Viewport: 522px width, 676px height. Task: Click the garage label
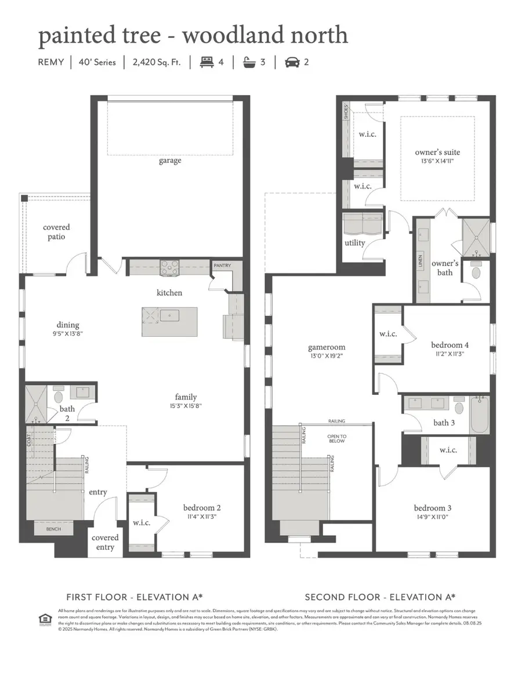(x=170, y=161)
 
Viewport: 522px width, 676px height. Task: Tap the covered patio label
(x=56, y=232)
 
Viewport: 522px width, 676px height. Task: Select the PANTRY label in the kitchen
(x=222, y=266)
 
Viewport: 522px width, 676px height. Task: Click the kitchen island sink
(x=170, y=317)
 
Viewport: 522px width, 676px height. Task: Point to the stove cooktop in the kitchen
(x=169, y=268)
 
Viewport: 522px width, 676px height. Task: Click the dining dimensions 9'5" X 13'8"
(x=68, y=334)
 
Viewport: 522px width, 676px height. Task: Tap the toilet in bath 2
(x=58, y=398)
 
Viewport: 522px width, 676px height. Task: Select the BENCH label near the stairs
(x=54, y=529)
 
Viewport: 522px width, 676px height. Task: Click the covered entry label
(x=105, y=543)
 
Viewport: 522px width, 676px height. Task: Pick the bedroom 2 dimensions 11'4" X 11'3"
(x=202, y=517)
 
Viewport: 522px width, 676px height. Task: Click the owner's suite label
(x=437, y=152)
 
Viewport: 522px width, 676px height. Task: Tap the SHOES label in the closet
(x=346, y=111)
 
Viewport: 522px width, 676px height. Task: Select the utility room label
(x=354, y=242)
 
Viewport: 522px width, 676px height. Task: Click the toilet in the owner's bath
(x=476, y=271)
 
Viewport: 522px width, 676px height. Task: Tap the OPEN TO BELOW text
(x=336, y=438)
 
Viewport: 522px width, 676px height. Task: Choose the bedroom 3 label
(x=432, y=508)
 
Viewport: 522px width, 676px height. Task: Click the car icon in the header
(x=292, y=61)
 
